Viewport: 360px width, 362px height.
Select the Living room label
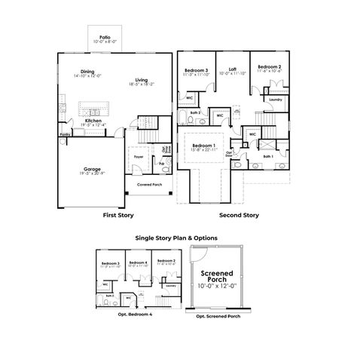(x=142, y=80)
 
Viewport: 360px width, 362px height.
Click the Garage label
(x=92, y=169)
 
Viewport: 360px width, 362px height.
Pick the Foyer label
(x=139, y=157)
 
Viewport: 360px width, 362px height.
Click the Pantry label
(x=66, y=136)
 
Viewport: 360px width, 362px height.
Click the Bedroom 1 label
(x=203, y=145)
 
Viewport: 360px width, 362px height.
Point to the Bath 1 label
(x=269, y=158)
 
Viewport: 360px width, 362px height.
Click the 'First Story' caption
(x=119, y=216)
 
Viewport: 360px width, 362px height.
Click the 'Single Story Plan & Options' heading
(x=175, y=237)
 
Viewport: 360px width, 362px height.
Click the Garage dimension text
(x=92, y=174)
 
